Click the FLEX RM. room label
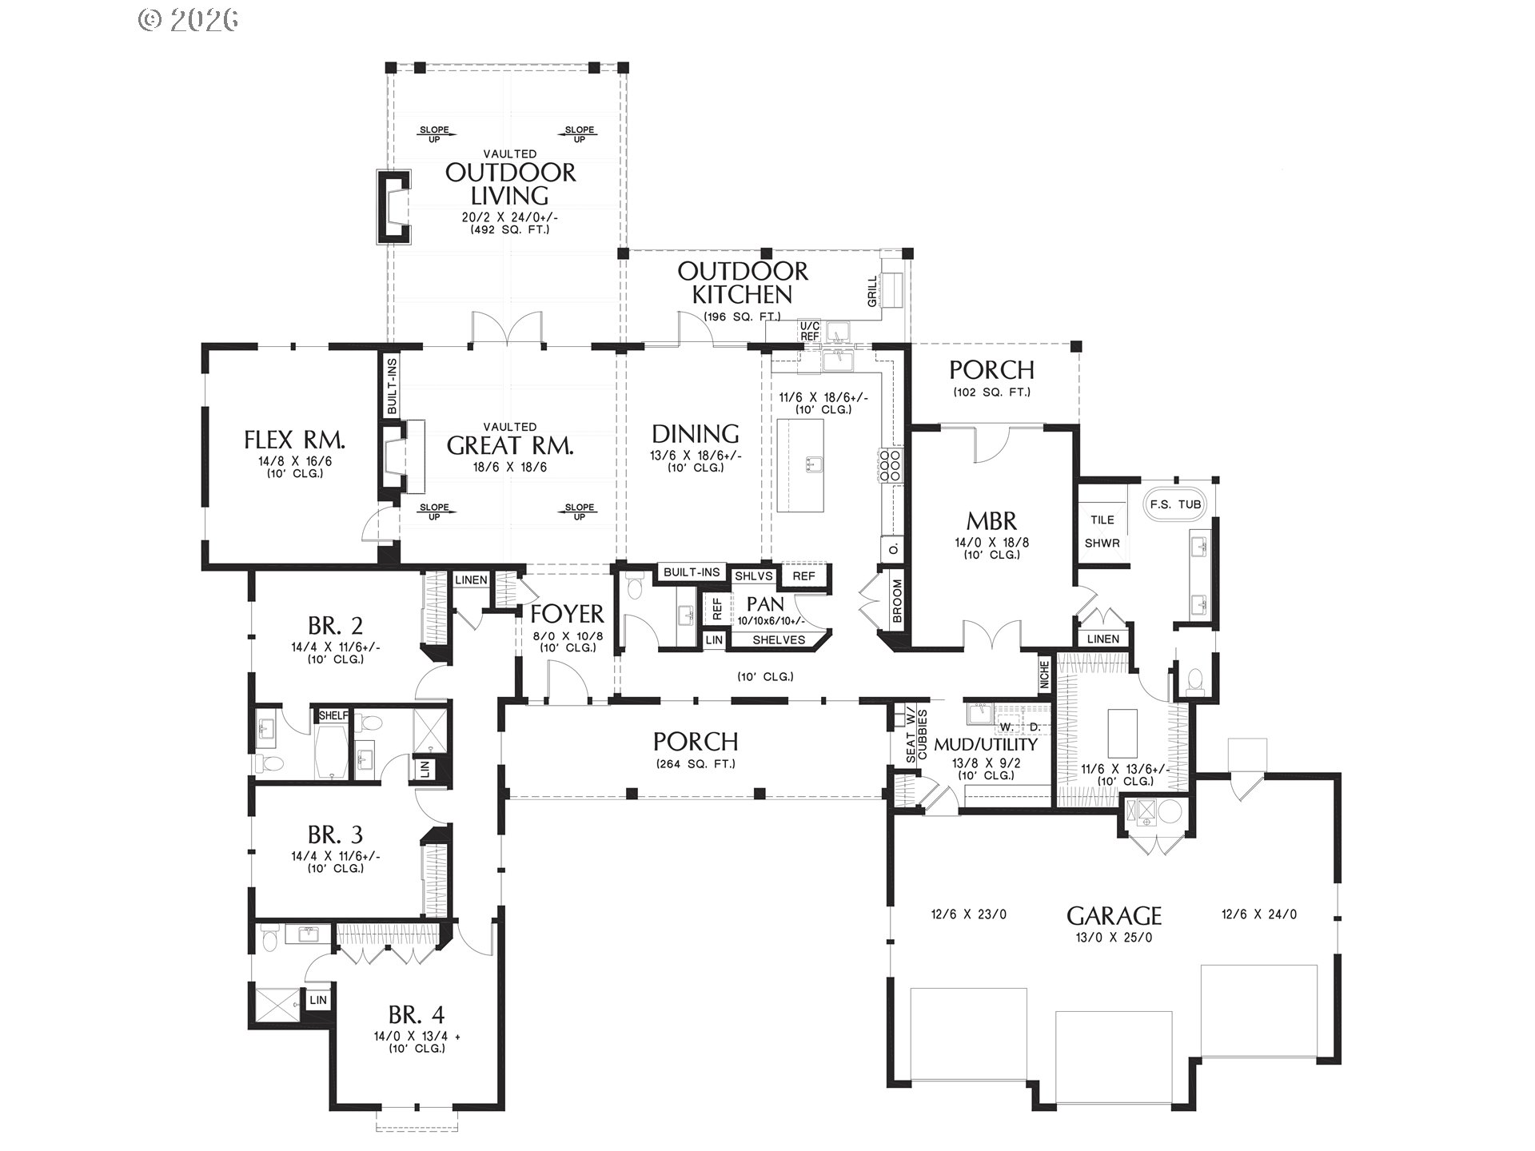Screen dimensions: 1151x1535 tap(294, 440)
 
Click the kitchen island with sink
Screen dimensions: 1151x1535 tap(800, 465)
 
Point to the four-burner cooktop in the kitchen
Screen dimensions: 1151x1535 tap(891, 465)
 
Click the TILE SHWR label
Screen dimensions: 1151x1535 tap(1102, 531)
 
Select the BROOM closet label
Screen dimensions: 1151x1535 tap(897, 601)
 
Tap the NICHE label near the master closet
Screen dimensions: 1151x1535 tap(1044, 675)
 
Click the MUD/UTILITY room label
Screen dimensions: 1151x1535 tap(986, 744)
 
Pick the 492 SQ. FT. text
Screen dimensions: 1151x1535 tap(510, 229)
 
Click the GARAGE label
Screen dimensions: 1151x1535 tap(1114, 915)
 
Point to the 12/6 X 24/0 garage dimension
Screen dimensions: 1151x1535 tap(1258, 914)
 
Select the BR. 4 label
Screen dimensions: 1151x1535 tap(416, 1015)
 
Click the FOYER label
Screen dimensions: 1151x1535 tap(567, 614)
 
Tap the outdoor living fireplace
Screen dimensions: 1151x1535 tap(394, 207)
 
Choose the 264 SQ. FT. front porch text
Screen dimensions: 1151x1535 tap(696, 763)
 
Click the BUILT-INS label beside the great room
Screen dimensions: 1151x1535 tap(392, 386)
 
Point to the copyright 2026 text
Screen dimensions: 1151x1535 tap(189, 20)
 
